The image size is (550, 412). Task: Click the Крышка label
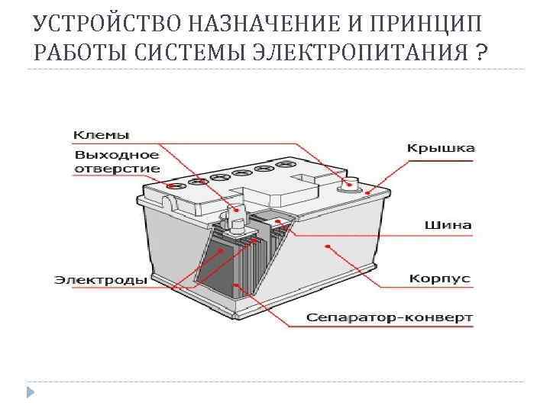click(x=440, y=148)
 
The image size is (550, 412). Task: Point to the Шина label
click(x=448, y=225)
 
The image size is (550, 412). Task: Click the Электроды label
click(x=100, y=280)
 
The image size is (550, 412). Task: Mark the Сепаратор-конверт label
click(x=390, y=317)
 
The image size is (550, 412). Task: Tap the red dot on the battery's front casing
click(x=328, y=246)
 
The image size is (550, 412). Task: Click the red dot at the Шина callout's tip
click(x=278, y=221)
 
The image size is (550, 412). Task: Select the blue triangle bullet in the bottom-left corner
click(x=30, y=394)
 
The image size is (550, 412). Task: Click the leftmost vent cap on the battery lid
click(x=176, y=185)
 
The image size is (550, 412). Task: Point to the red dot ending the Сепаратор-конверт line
click(x=236, y=286)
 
